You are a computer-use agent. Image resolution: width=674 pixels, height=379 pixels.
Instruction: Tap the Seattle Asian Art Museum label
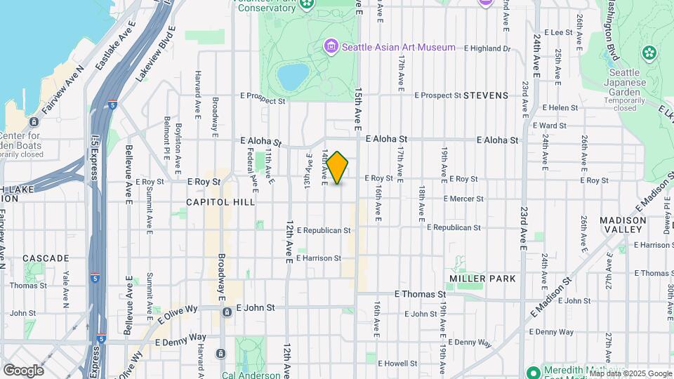click(398, 47)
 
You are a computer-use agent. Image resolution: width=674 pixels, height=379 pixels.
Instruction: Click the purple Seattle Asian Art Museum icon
click(331, 47)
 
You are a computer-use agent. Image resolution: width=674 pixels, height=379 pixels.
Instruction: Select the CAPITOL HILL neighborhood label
click(220, 201)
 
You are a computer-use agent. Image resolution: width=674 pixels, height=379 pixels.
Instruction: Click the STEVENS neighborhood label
click(485, 95)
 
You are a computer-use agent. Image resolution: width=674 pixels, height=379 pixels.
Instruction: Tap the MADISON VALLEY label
click(623, 225)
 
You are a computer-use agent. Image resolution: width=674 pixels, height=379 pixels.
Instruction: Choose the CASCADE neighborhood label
click(46, 258)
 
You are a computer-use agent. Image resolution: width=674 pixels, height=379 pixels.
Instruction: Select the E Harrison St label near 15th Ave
click(319, 258)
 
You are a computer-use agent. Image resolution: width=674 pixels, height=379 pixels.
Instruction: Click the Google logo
click(24, 370)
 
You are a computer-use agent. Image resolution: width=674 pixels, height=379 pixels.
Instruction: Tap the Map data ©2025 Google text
click(630, 373)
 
